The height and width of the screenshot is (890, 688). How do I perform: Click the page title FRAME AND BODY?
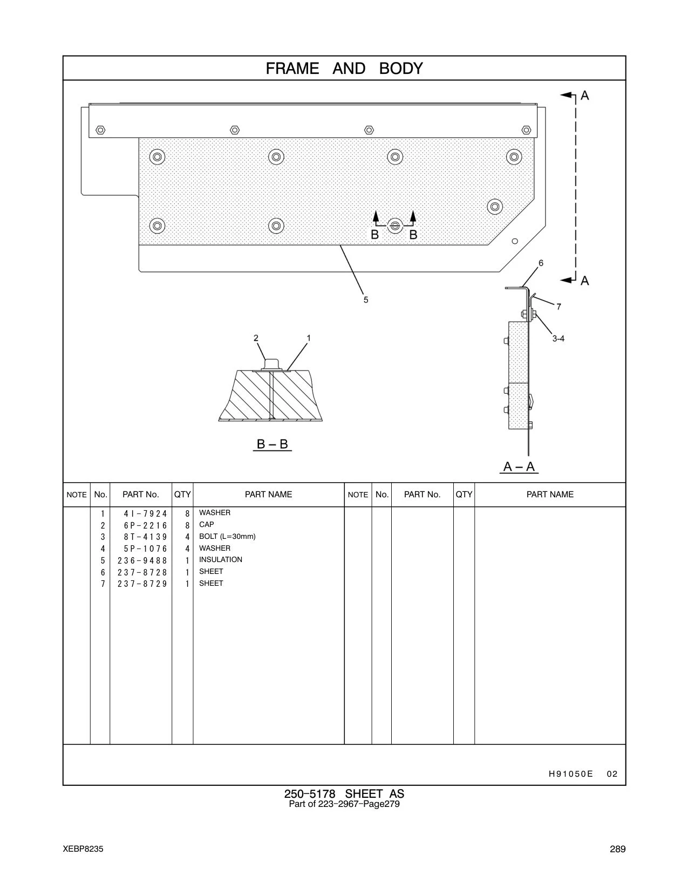[x=344, y=69]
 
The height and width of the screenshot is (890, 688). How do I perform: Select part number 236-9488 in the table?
[x=142, y=560]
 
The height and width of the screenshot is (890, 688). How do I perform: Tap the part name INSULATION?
[x=221, y=559]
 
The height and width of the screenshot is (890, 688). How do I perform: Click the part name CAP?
[x=207, y=524]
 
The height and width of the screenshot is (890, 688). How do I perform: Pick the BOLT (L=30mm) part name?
[x=227, y=536]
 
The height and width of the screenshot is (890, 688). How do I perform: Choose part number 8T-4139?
[x=146, y=537]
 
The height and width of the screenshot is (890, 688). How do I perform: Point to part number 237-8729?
[x=142, y=584]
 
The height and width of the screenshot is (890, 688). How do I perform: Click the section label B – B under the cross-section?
[x=273, y=444]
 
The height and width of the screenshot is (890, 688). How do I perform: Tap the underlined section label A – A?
[x=519, y=467]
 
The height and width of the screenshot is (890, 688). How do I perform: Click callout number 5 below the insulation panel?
[x=366, y=300]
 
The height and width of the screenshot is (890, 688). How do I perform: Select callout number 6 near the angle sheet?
[x=541, y=263]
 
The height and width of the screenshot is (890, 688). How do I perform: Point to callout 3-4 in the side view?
[x=558, y=338]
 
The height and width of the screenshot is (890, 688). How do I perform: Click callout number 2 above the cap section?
[x=256, y=338]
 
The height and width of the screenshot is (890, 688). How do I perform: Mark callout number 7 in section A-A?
[x=558, y=306]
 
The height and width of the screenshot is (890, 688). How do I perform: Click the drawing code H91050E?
[x=571, y=773]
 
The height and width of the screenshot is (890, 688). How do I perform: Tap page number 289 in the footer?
[x=617, y=849]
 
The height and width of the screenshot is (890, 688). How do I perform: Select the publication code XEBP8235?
[x=83, y=849]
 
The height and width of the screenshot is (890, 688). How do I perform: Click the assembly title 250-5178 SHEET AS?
[x=344, y=794]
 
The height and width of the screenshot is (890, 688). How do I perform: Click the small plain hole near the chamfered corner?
[x=515, y=241]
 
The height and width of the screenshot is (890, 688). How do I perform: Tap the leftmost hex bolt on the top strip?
[x=100, y=130]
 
